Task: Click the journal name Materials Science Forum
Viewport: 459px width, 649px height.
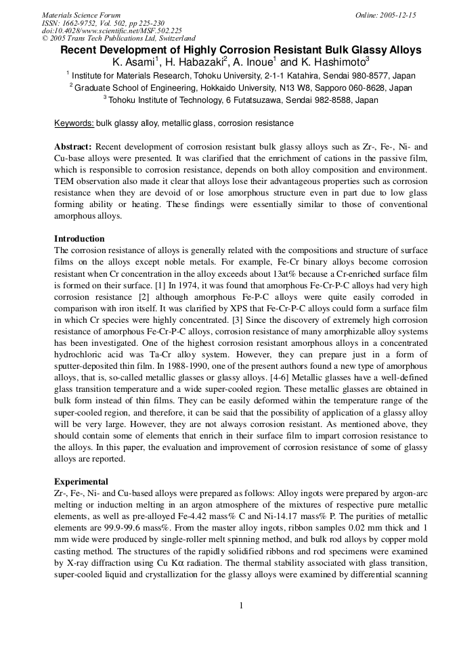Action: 81,14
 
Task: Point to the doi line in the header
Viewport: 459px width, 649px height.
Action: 112,30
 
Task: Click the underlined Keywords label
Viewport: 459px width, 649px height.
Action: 74,123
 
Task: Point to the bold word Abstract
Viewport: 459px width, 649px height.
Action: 73,147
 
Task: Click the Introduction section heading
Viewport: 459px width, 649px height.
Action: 79,239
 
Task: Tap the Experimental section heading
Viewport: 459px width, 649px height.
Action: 81,481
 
